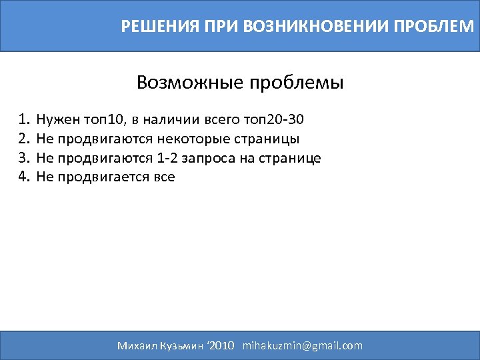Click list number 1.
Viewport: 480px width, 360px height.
coord(25,120)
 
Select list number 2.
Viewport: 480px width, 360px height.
coord(25,139)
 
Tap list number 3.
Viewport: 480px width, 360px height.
coord(25,158)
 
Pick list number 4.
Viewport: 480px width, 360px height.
coord(25,177)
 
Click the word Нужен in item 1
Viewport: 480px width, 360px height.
coord(57,120)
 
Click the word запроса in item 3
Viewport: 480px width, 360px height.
coord(211,158)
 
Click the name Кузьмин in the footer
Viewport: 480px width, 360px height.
coord(180,345)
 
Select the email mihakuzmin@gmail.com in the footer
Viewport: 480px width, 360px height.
coord(303,345)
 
